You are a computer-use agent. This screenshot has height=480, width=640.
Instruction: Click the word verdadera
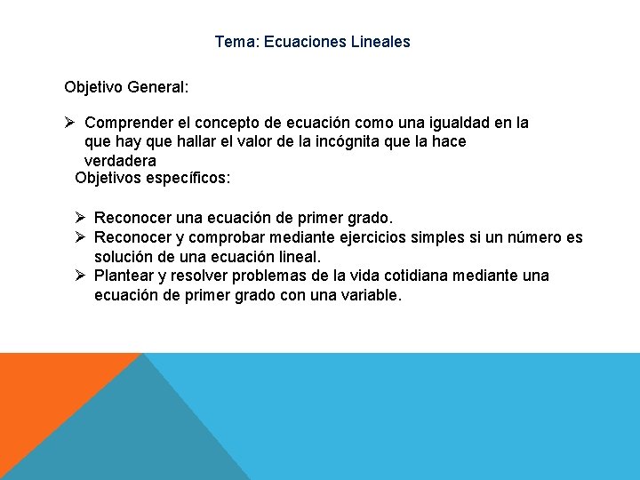click(120, 161)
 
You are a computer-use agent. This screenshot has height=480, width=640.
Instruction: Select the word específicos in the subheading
click(188, 179)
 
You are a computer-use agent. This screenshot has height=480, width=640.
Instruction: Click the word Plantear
click(124, 276)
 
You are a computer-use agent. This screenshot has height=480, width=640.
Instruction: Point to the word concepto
click(260, 123)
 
